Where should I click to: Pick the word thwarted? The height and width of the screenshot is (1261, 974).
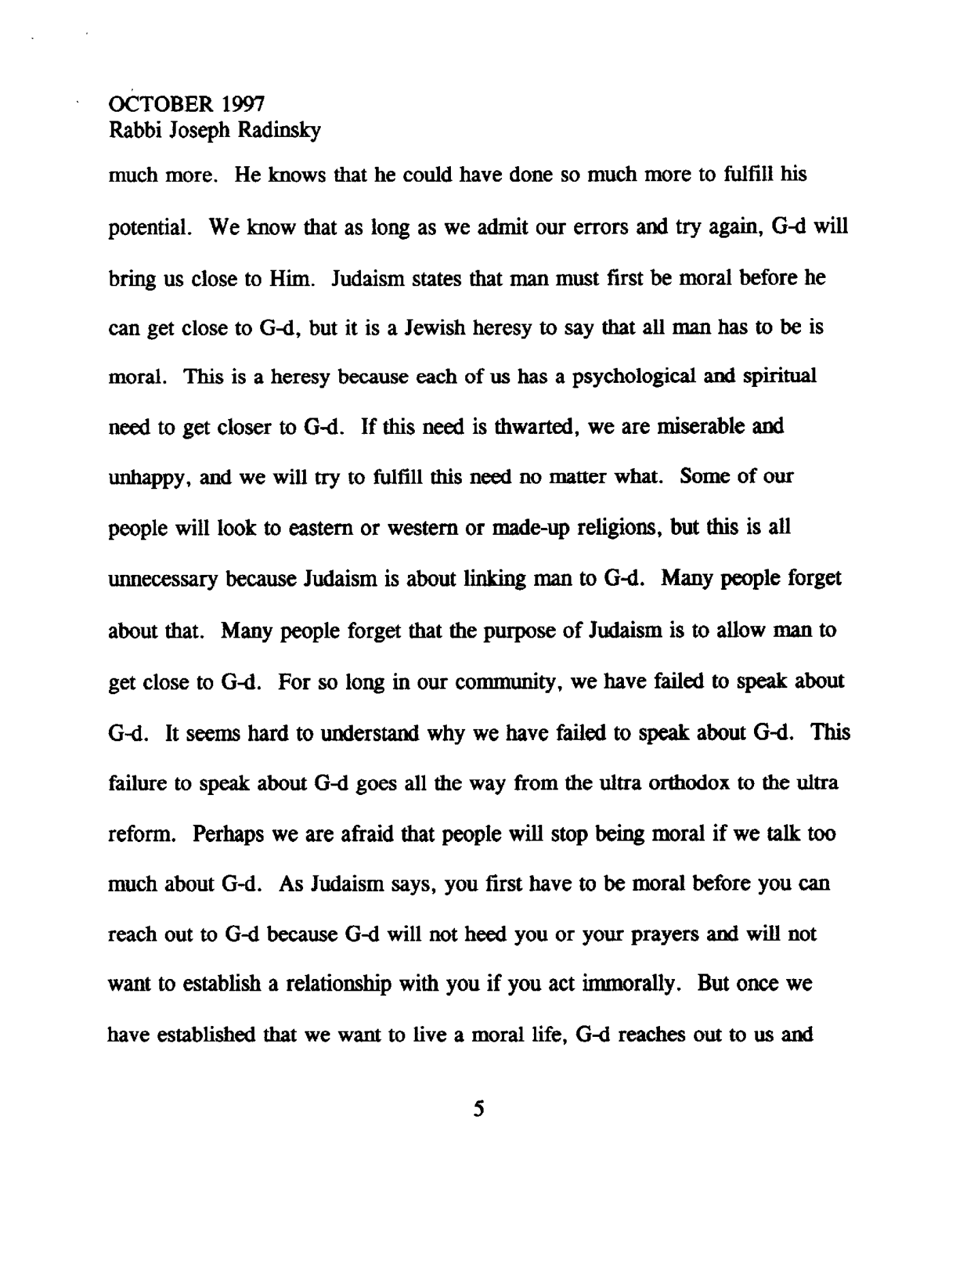point(529,428)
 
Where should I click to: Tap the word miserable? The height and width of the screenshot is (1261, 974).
point(691,428)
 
